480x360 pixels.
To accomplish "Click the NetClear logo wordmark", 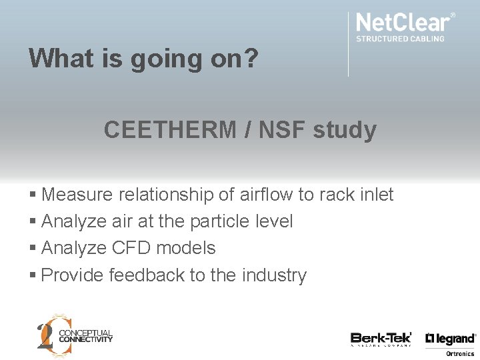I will (x=404, y=22).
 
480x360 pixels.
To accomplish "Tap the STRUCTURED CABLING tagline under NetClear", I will (x=400, y=39).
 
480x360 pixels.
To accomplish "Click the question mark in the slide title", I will (x=250, y=59).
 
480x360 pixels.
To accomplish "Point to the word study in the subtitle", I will (x=345, y=130).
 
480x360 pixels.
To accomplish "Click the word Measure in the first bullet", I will (x=77, y=195).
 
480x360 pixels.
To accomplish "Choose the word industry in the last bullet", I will (x=274, y=275).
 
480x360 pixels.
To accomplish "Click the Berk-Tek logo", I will (x=381, y=339).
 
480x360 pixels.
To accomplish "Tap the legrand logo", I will (x=451, y=339).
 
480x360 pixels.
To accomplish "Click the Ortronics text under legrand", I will (x=460, y=353).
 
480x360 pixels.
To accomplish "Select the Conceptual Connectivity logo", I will (x=74, y=333).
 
